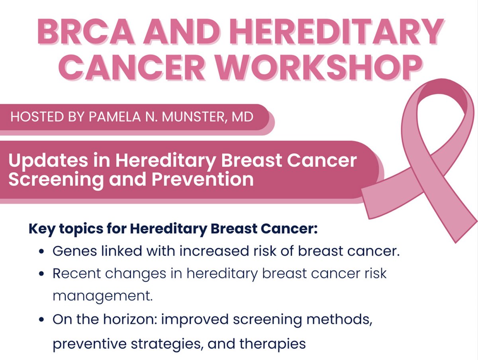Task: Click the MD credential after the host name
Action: [x=243, y=117]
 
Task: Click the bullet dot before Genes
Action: [x=42, y=252]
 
